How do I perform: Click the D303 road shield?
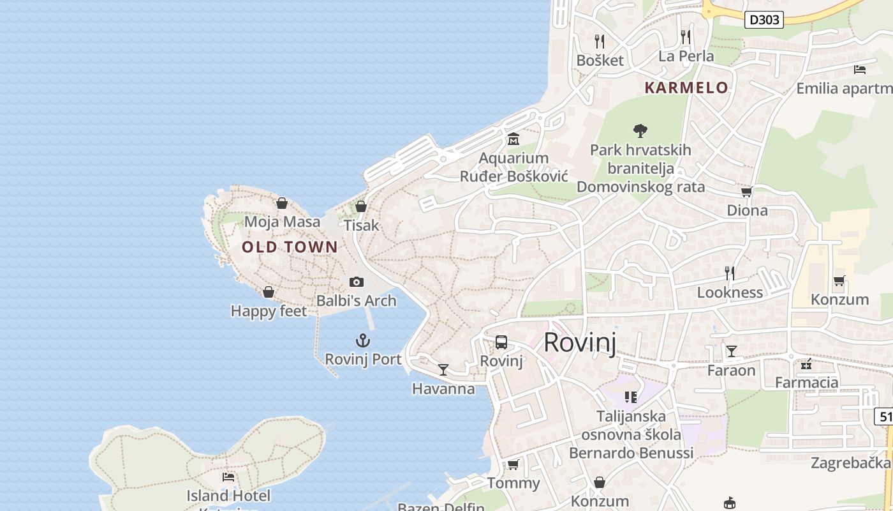[x=764, y=20]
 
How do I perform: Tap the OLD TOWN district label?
[x=290, y=247]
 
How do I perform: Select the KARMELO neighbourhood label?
[x=686, y=88]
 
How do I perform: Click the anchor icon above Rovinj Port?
[x=363, y=340]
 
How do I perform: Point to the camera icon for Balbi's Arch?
[x=357, y=282]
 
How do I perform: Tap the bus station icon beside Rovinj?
[x=501, y=342]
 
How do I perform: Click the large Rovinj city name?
[x=580, y=343]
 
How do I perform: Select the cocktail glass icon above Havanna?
[x=443, y=370]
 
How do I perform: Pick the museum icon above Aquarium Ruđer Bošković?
[x=513, y=139]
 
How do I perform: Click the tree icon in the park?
[x=640, y=131]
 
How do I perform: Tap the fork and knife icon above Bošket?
[x=599, y=42]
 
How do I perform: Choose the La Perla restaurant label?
[x=686, y=56]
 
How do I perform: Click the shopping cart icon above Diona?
[x=746, y=192]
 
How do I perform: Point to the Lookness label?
[x=730, y=293]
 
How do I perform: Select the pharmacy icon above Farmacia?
[x=806, y=364]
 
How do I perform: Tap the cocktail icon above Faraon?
[x=731, y=351]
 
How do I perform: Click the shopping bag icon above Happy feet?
[x=269, y=292]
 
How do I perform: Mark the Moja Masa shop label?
[x=282, y=222]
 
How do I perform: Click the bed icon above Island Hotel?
[x=228, y=477]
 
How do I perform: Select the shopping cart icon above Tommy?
[x=513, y=464]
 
